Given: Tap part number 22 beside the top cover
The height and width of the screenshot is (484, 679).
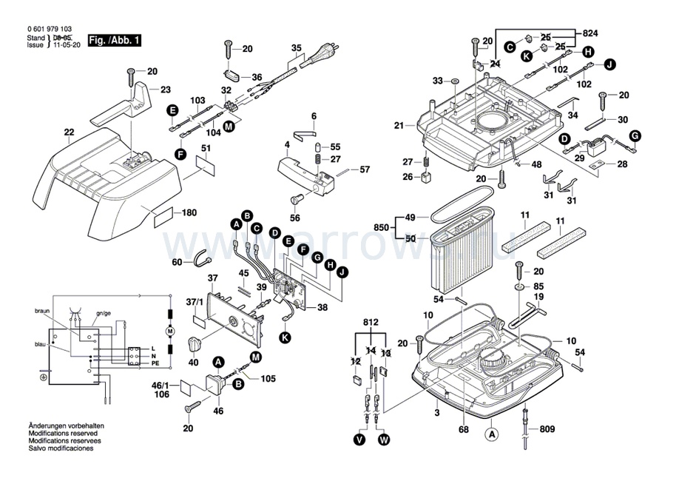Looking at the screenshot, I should pyautogui.click(x=70, y=133).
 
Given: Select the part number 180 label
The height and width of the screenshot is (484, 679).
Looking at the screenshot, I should pyautogui.click(x=189, y=213).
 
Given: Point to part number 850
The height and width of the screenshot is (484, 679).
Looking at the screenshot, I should pyautogui.click(x=382, y=227).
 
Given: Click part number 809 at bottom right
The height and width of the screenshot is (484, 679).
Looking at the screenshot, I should pyautogui.click(x=547, y=428).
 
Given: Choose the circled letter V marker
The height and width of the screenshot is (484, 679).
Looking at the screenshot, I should pyautogui.click(x=359, y=440).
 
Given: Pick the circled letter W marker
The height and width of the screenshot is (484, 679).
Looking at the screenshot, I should pyautogui.click(x=383, y=440).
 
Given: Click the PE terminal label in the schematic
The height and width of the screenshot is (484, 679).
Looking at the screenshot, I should pyautogui.click(x=155, y=364).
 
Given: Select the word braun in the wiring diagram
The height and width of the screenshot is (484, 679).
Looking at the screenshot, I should pyautogui.click(x=42, y=313).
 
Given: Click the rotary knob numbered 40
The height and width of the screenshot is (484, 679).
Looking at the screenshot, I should pyautogui.click(x=195, y=345).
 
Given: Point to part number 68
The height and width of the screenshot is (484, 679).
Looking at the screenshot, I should pyautogui.click(x=464, y=429).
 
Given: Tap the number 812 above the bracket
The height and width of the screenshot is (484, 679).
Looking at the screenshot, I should pyautogui.click(x=370, y=323).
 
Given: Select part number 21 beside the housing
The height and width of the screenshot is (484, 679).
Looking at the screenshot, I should pyautogui.click(x=399, y=126).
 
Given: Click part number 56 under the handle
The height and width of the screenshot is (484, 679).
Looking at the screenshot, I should pyautogui.click(x=296, y=218).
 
